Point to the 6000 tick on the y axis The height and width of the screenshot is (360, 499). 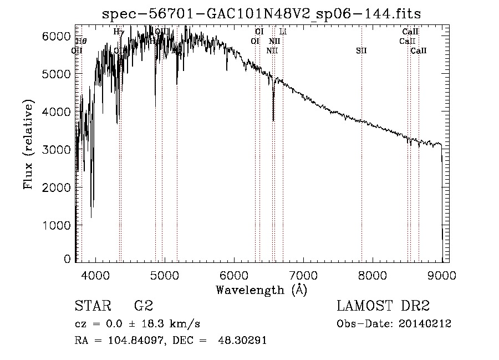(x=58, y=36)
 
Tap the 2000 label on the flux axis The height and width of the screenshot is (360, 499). (x=58, y=187)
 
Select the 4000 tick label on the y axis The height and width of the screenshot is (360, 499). (x=58, y=112)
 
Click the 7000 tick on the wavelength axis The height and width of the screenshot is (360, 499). (x=303, y=275)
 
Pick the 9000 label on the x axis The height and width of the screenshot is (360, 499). (x=442, y=275)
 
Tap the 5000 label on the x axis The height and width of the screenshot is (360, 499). (x=164, y=275)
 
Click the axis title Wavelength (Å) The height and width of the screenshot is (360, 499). (x=261, y=290)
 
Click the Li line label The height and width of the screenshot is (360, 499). (x=283, y=32)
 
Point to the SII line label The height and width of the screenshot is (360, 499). (x=361, y=50)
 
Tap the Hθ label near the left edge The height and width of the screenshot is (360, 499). (x=81, y=41)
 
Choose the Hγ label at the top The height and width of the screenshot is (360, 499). (x=119, y=32)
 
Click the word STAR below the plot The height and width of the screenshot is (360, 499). (x=91, y=306)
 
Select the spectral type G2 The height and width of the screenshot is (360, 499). (x=143, y=306)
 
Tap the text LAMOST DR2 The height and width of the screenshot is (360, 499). (x=383, y=306)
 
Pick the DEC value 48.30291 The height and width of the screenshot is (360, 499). (x=246, y=341)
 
